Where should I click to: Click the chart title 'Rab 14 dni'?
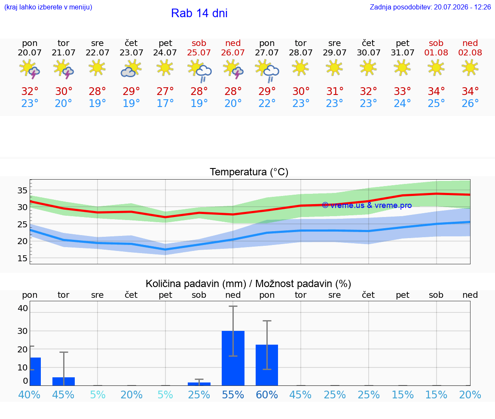click(199, 13)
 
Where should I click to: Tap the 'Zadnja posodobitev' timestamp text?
click(430, 7)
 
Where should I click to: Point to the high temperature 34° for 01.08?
click(436, 91)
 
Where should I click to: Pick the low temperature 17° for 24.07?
click(165, 103)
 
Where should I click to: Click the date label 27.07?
click(267, 52)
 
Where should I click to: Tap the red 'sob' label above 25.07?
click(199, 43)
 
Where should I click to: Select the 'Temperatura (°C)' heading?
click(249, 172)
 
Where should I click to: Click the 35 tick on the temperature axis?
click(22, 190)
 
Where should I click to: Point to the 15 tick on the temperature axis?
click(22, 258)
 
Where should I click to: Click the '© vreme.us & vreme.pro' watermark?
click(367, 205)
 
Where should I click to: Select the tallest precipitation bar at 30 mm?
click(233, 358)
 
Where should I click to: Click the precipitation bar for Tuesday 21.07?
click(64, 382)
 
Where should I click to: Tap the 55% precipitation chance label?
click(233, 395)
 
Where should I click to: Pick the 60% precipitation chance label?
click(267, 395)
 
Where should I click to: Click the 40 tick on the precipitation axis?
click(23, 308)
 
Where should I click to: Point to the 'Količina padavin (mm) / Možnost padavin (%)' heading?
click(248, 284)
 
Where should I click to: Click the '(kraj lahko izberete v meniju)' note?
click(48, 7)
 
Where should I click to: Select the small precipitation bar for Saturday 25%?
click(199, 384)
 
